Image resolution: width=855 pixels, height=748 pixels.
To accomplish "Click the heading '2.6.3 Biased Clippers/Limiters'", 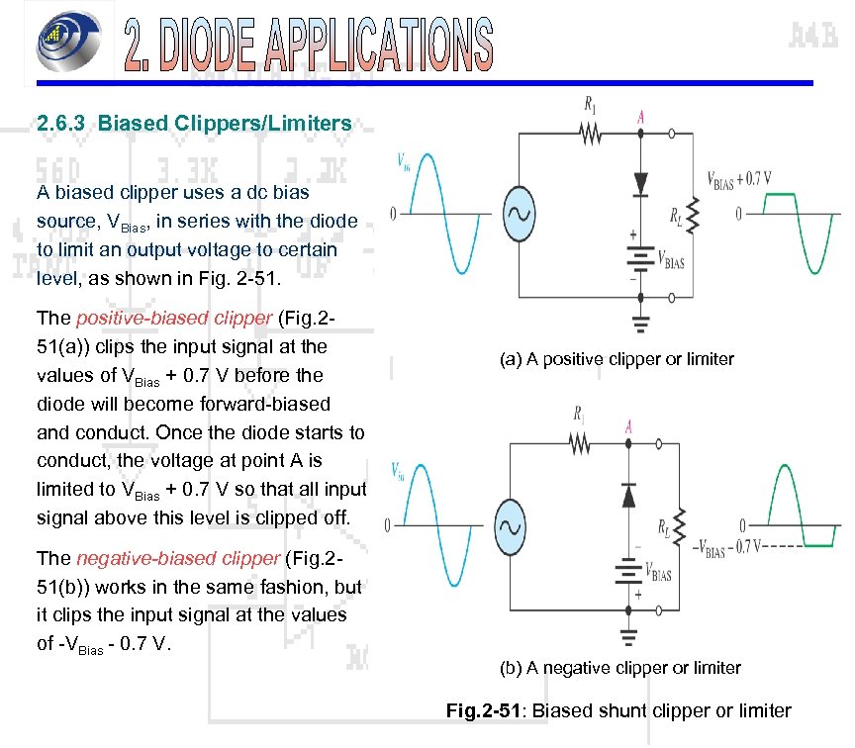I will click(194, 124).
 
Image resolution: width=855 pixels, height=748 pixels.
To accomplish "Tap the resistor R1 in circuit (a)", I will click(591, 133).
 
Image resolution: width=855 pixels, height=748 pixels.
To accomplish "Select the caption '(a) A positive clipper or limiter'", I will click(617, 359).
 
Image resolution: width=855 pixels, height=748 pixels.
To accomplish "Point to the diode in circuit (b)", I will click(628, 495).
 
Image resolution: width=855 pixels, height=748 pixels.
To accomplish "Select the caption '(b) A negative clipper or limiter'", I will click(619, 668).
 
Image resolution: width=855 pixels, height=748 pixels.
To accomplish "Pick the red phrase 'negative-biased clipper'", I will click(177, 558).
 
